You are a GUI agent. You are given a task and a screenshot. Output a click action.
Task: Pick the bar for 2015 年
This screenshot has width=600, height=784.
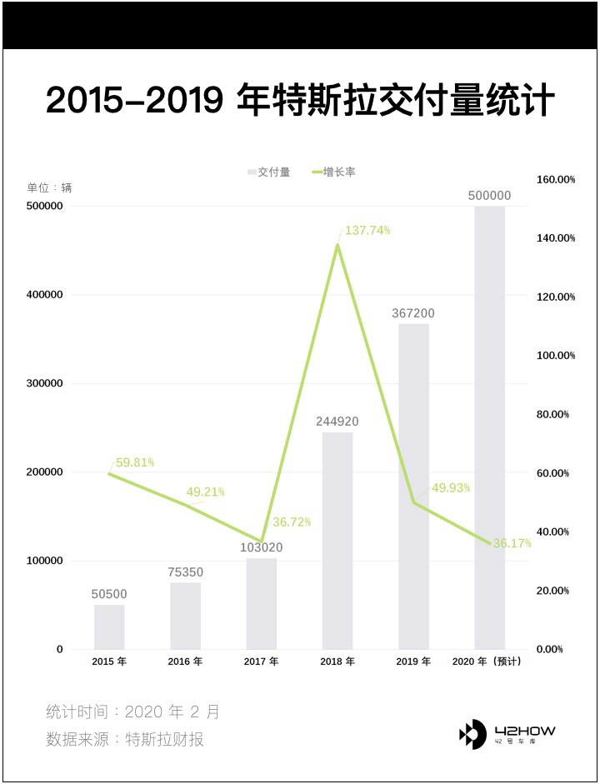(x=109, y=627)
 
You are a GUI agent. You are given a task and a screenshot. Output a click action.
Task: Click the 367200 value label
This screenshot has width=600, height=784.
(x=413, y=313)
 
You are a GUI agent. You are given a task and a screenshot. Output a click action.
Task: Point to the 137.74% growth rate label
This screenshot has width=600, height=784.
(x=367, y=231)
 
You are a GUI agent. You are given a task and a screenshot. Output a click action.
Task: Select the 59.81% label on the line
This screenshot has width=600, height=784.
(x=135, y=462)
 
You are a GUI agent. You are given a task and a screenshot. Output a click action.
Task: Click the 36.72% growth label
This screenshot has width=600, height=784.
(x=291, y=522)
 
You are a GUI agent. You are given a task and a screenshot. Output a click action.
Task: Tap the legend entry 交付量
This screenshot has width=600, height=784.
(x=269, y=172)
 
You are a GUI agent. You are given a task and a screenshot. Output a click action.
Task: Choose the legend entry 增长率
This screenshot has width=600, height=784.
(x=335, y=172)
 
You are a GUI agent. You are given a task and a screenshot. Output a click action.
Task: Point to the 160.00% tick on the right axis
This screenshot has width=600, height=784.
(x=555, y=179)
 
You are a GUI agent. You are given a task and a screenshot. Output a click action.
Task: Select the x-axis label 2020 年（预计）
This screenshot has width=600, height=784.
(x=487, y=662)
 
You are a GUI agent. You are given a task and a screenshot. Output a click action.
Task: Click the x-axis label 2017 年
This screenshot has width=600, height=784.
(x=262, y=662)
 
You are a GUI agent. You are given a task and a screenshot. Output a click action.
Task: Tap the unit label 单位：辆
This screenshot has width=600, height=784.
(x=50, y=187)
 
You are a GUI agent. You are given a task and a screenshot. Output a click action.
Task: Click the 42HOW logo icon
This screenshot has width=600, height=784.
(x=472, y=734)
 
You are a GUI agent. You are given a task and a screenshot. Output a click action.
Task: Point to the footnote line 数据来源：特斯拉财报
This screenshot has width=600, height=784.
(x=125, y=739)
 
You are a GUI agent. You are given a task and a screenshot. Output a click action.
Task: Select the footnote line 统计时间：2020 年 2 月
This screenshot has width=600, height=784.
(x=133, y=712)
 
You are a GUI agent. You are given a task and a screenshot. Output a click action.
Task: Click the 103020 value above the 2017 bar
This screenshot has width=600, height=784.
(x=262, y=548)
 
